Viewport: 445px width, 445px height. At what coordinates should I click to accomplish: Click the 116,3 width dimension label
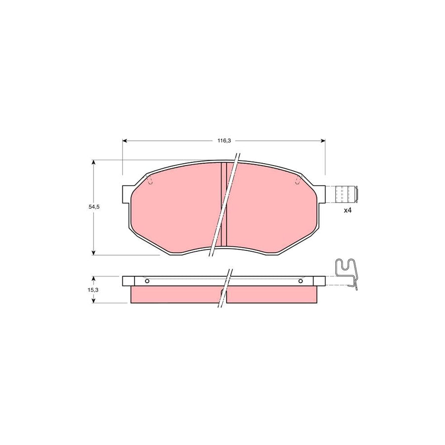pos(223,141)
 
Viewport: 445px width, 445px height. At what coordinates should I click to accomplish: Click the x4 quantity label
pos(347,211)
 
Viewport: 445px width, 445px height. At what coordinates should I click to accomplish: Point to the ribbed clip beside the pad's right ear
pos(346,194)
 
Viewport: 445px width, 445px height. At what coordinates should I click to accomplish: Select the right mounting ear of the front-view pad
pos(321,193)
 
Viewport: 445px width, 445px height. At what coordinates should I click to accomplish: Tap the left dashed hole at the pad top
pos(150,181)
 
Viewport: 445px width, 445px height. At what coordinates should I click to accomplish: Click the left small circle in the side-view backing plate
pos(147,281)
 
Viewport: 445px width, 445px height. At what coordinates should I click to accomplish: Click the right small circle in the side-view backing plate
pos(301,281)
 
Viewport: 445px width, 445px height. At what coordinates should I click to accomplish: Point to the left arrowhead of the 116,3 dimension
pos(125,141)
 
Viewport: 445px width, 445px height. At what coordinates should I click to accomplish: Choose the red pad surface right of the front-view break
pos(269,208)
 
